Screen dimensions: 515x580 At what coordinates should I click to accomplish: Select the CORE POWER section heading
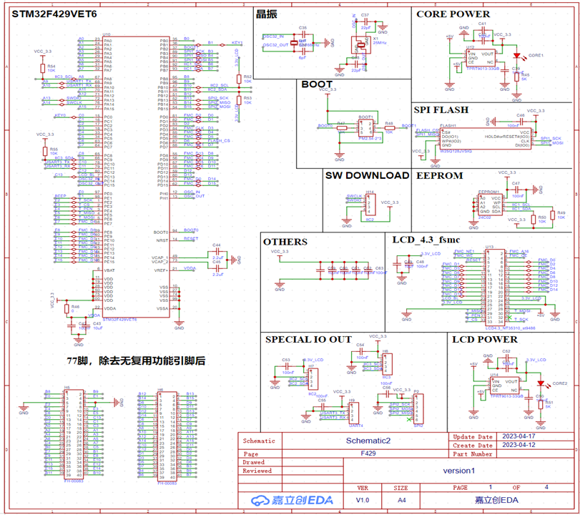[453, 14]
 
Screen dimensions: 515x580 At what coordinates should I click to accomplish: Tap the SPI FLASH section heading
[442, 109]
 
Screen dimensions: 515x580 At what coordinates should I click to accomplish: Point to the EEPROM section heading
[439, 175]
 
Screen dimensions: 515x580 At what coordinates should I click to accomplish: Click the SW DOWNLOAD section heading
[367, 175]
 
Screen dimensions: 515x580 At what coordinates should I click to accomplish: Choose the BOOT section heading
[317, 84]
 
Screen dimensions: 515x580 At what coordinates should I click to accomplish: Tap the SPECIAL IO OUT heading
[308, 339]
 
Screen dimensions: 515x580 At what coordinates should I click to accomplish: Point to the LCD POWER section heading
[486, 339]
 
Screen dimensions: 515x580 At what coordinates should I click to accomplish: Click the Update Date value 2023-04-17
[518, 436]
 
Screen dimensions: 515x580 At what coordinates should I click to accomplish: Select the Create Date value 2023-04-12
[518, 445]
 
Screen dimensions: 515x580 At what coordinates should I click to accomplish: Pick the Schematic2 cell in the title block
[368, 441]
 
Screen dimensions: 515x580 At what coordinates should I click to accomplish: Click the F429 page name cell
[368, 453]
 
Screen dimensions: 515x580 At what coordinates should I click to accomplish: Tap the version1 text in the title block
[458, 471]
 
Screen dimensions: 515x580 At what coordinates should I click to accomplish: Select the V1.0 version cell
[363, 500]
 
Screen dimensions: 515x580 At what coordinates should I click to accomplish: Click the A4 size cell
[402, 500]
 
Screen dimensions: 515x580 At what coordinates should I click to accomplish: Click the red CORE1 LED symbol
[516, 55]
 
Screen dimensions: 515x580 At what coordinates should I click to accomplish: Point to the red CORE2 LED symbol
[540, 383]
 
